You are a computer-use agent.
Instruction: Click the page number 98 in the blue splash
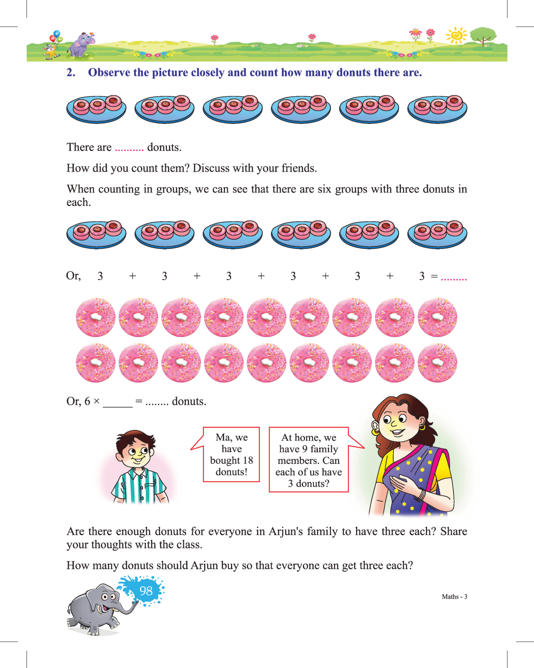pyautogui.click(x=146, y=590)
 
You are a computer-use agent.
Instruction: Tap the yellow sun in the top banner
pyautogui.click(x=457, y=36)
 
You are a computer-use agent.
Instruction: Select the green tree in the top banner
pyautogui.click(x=483, y=35)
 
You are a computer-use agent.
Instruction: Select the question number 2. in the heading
pyautogui.click(x=71, y=73)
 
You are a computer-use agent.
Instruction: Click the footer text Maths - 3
pyautogui.click(x=454, y=597)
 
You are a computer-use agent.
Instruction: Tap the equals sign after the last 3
pyautogui.click(x=434, y=276)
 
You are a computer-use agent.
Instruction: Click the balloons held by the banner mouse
pyautogui.click(x=56, y=36)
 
